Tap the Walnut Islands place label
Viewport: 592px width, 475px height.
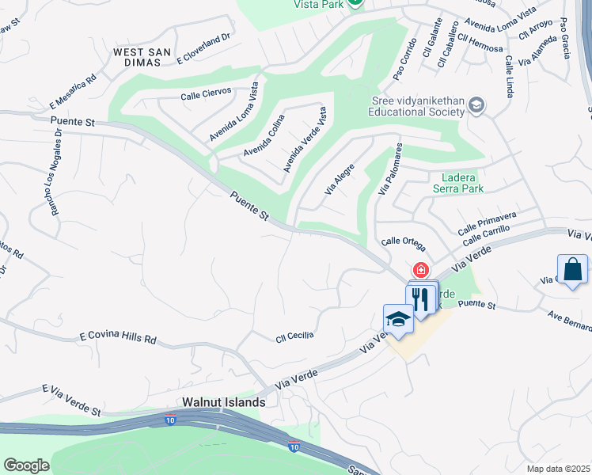[x=224, y=402]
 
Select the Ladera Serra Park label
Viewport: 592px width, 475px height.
[x=458, y=183]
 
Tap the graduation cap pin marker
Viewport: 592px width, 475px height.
[x=398, y=319]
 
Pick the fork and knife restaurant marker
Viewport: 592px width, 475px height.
[x=420, y=298]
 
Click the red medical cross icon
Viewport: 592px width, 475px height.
[x=420, y=271]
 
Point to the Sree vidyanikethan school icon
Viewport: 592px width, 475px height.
[x=476, y=105]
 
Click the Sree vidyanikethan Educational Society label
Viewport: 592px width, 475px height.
[x=418, y=106]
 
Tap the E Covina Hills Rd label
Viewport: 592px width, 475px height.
[x=118, y=338]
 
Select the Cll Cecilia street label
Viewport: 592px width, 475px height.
[x=294, y=335]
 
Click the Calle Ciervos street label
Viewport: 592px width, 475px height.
[x=206, y=92]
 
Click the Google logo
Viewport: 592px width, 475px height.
[x=26, y=465]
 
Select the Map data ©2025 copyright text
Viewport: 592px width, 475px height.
[x=559, y=469]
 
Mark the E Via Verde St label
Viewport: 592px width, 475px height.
[x=72, y=401]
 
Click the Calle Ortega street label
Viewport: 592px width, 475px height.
[x=404, y=242]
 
